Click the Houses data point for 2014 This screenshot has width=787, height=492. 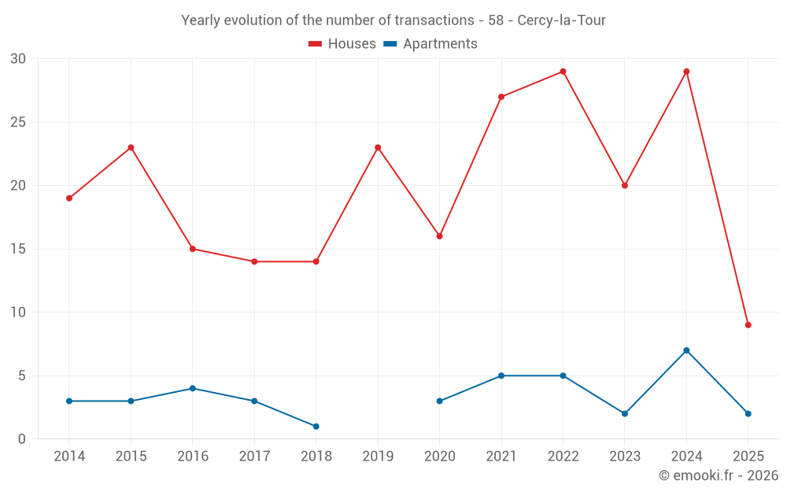tap(69, 198)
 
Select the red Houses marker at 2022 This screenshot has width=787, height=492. tap(563, 72)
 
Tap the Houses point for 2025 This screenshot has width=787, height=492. tap(748, 325)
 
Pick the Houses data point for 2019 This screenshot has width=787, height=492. tap(378, 147)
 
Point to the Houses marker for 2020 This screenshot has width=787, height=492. tap(439, 236)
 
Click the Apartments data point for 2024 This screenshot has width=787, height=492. tap(686, 350)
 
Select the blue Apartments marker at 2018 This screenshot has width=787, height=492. tap(316, 427)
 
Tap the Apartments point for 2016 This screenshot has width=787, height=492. tap(193, 388)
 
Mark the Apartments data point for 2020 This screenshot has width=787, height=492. tap(439, 401)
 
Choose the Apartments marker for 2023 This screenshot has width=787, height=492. tap(625, 414)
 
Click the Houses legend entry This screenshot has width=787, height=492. tap(342, 44)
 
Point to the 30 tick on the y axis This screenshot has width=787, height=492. tap(19, 59)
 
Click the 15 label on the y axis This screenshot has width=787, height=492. tap(19, 249)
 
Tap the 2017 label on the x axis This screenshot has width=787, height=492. tap(254, 457)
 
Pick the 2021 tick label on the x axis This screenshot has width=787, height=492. tap(501, 457)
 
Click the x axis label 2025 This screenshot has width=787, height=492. tap(748, 457)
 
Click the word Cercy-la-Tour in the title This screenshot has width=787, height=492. tap(561, 20)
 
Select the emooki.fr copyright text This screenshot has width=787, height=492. tap(718, 475)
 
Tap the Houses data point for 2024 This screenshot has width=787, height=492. tap(686, 72)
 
